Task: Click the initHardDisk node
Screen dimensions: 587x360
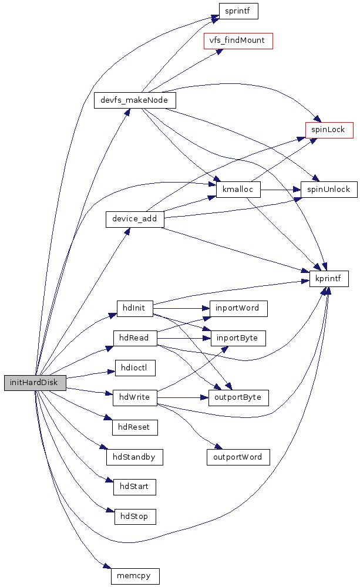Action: coord(35,382)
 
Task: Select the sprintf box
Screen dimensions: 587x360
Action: coord(238,11)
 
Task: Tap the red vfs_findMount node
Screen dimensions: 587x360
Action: coord(238,41)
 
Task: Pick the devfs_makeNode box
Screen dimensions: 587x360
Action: coord(135,100)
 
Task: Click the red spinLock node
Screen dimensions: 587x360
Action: coord(329,130)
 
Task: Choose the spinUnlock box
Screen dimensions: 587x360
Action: coord(329,189)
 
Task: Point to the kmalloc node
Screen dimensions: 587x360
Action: coord(238,190)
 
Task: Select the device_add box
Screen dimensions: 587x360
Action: coord(135,220)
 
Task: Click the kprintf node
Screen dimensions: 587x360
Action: coord(329,278)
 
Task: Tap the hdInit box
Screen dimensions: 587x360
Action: coord(135,308)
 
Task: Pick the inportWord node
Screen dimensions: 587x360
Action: coord(238,308)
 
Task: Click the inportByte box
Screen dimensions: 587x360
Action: coord(238,338)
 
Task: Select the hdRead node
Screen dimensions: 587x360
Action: coord(135,338)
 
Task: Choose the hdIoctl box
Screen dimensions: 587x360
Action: coord(135,368)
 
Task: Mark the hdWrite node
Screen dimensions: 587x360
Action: coord(135,397)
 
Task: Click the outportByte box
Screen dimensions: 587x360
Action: coord(238,397)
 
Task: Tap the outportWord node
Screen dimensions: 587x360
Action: coord(238,457)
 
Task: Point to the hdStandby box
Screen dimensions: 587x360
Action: coord(134,457)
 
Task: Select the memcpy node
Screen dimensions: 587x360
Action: coord(135,576)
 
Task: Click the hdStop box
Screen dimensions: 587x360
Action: coord(135,516)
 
